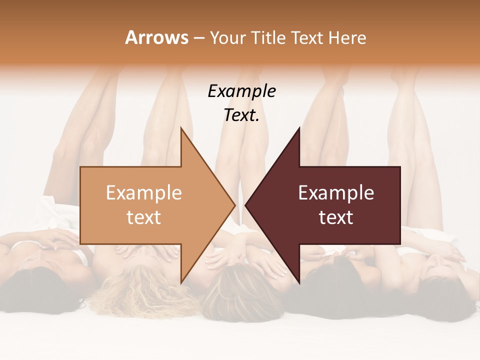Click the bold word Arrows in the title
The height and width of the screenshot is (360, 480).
click(157, 37)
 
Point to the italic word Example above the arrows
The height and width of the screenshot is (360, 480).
click(241, 91)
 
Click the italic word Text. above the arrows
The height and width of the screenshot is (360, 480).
click(241, 115)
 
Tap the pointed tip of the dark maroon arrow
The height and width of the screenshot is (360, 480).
click(245, 205)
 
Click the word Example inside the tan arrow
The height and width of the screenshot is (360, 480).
click(144, 193)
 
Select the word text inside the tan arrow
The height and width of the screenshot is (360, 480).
click(144, 217)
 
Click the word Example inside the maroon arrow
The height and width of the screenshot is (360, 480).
click(336, 193)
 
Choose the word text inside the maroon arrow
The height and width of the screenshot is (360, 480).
click(336, 217)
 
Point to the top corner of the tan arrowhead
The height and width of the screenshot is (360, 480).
click(181, 128)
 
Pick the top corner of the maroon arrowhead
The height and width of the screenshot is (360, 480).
click(299, 128)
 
